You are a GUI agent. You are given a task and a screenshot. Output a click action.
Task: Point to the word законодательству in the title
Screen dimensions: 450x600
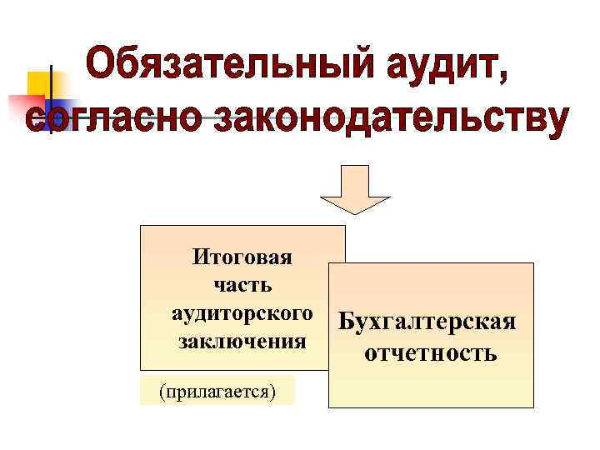click(x=391, y=117)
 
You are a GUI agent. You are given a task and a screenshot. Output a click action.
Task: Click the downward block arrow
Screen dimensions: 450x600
click(x=356, y=190)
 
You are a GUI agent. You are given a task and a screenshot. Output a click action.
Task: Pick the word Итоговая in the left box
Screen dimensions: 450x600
click(x=242, y=257)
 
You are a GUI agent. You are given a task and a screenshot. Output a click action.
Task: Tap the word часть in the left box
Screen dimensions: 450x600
click(x=242, y=286)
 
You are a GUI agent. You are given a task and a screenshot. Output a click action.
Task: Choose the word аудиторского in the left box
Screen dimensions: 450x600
click(x=242, y=314)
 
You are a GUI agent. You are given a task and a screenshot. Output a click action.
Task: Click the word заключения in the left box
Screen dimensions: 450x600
click(x=242, y=342)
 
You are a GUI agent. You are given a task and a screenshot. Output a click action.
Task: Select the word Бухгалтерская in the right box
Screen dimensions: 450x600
click(x=427, y=322)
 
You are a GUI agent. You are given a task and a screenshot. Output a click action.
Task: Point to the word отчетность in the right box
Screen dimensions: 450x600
click(x=431, y=354)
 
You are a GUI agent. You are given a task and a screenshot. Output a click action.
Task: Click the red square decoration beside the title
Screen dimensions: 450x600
click(x=25, y=108)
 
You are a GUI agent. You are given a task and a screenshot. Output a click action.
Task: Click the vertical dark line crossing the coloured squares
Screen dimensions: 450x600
click(x=51, y=100)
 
